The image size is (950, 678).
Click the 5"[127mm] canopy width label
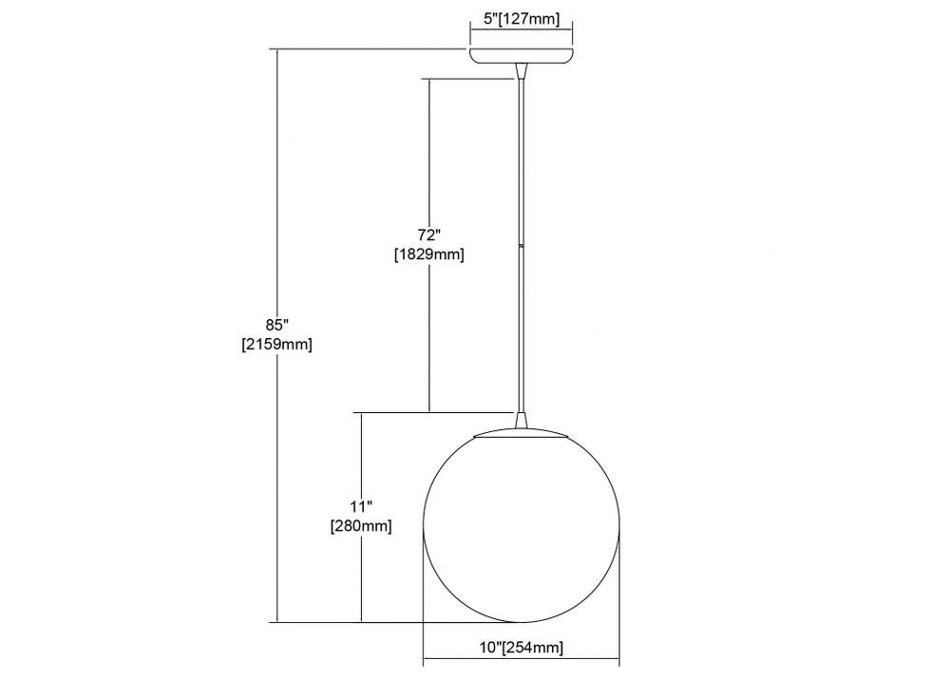(x=522, y=19)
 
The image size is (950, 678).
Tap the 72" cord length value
(x=429, y=235)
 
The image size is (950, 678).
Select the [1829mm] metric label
(x=429, y=254)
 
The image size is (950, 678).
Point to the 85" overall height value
(x=276, y=325)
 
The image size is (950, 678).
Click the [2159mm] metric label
(x=276, y=345)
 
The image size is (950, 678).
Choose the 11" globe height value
(x=361, y=506)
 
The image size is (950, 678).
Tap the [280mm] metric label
(x=361, y=526)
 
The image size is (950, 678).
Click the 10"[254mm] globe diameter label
(x=522, y=648)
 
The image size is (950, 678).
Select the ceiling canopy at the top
(x=522, y=54)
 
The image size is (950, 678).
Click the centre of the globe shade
(x=522, y=527)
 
